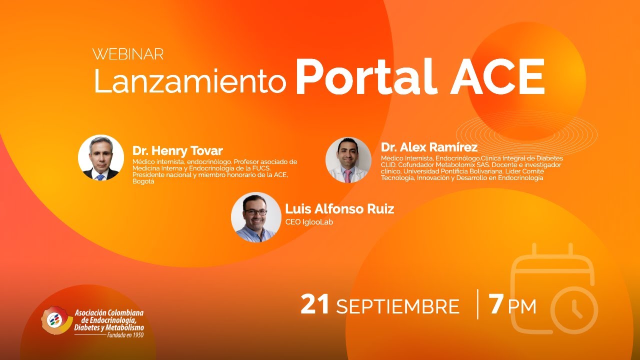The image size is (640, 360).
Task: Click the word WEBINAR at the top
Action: (x=128, y=54)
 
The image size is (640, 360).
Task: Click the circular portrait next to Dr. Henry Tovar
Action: (x=101, y=157)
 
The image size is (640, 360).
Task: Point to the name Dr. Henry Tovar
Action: (x=177, y=150)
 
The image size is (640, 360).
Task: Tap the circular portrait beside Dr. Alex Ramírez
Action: (x=348, y=160)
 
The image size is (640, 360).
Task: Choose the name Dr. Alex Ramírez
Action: (x=429, y=147)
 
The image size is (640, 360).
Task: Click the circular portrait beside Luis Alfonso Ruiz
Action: (x=256, y=217)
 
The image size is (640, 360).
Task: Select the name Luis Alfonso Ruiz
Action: (x=339, y=208)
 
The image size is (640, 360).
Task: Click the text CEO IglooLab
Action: (x=309, y=222)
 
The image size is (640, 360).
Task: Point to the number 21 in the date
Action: (x=315, y=305)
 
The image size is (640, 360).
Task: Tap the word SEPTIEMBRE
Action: (x=397, y=306)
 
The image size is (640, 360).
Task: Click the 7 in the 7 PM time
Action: (x=496, y=305)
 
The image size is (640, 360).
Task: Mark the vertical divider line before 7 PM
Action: (x=477, y=304)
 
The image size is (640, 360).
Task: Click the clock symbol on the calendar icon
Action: (x=574, y=310)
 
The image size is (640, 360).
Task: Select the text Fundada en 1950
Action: (x=125, y=335)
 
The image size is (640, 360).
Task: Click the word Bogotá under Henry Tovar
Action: (x=143, y=181)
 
